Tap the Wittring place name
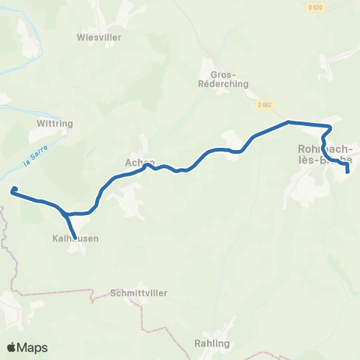[x=52, y=121]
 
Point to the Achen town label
[x=139, y=162]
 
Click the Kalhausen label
[x=75, y=239]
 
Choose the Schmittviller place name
[x=138, y=292]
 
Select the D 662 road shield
[x=262, y=104]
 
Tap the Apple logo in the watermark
[x=12, y=347]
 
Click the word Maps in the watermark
[x=33, y=347]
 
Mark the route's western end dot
[x=13, y=191]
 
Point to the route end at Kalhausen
[x=74, y=238]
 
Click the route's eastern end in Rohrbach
[x=348, y=172]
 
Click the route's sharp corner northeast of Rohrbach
[x=330, y=127]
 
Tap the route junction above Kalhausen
[x=67, y=214]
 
